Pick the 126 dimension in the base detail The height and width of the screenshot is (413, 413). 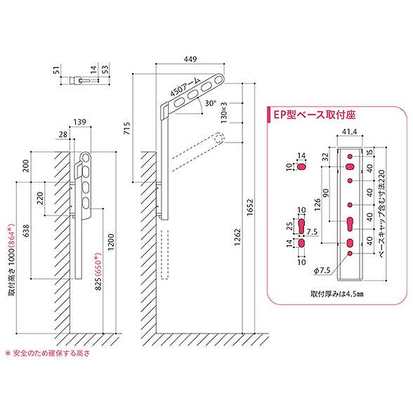coord(318,206)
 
